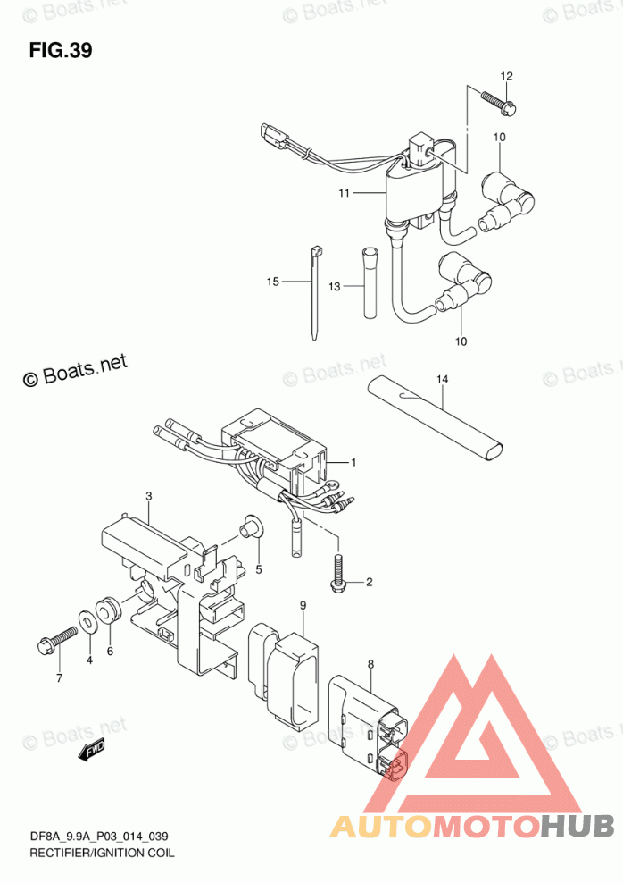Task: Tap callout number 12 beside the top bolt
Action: coord(506,76)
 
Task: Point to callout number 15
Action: coord(272,282)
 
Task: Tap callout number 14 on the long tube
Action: coord(440,381)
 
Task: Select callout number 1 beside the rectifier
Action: coord(353,462)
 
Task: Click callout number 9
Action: coord(303,606)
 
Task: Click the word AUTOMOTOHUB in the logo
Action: coord(472,827)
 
